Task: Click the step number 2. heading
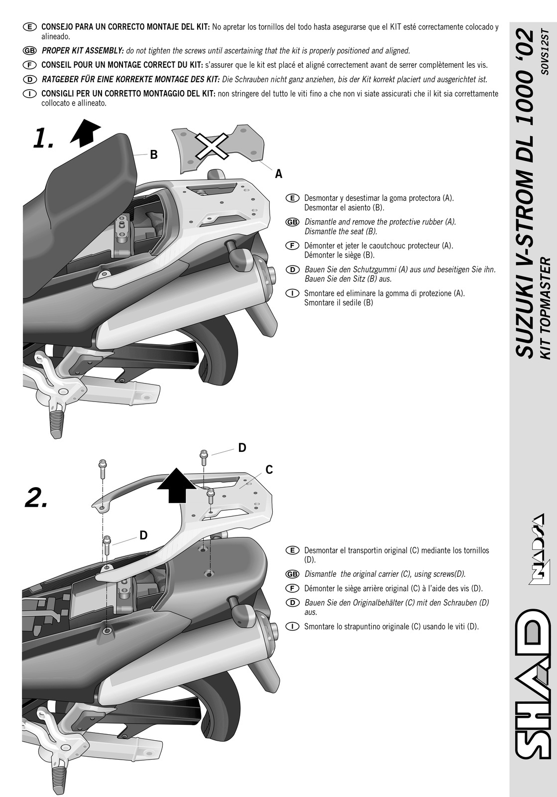[37, 498]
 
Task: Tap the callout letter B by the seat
[153, 155]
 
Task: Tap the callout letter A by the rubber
[279, 174]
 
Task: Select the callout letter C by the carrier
[269, 470]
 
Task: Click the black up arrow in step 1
[85, 132]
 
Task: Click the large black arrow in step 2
[176, 485]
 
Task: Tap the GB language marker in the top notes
[29, 51]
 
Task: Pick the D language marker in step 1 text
[292, 269]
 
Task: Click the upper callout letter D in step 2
[242, 448]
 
